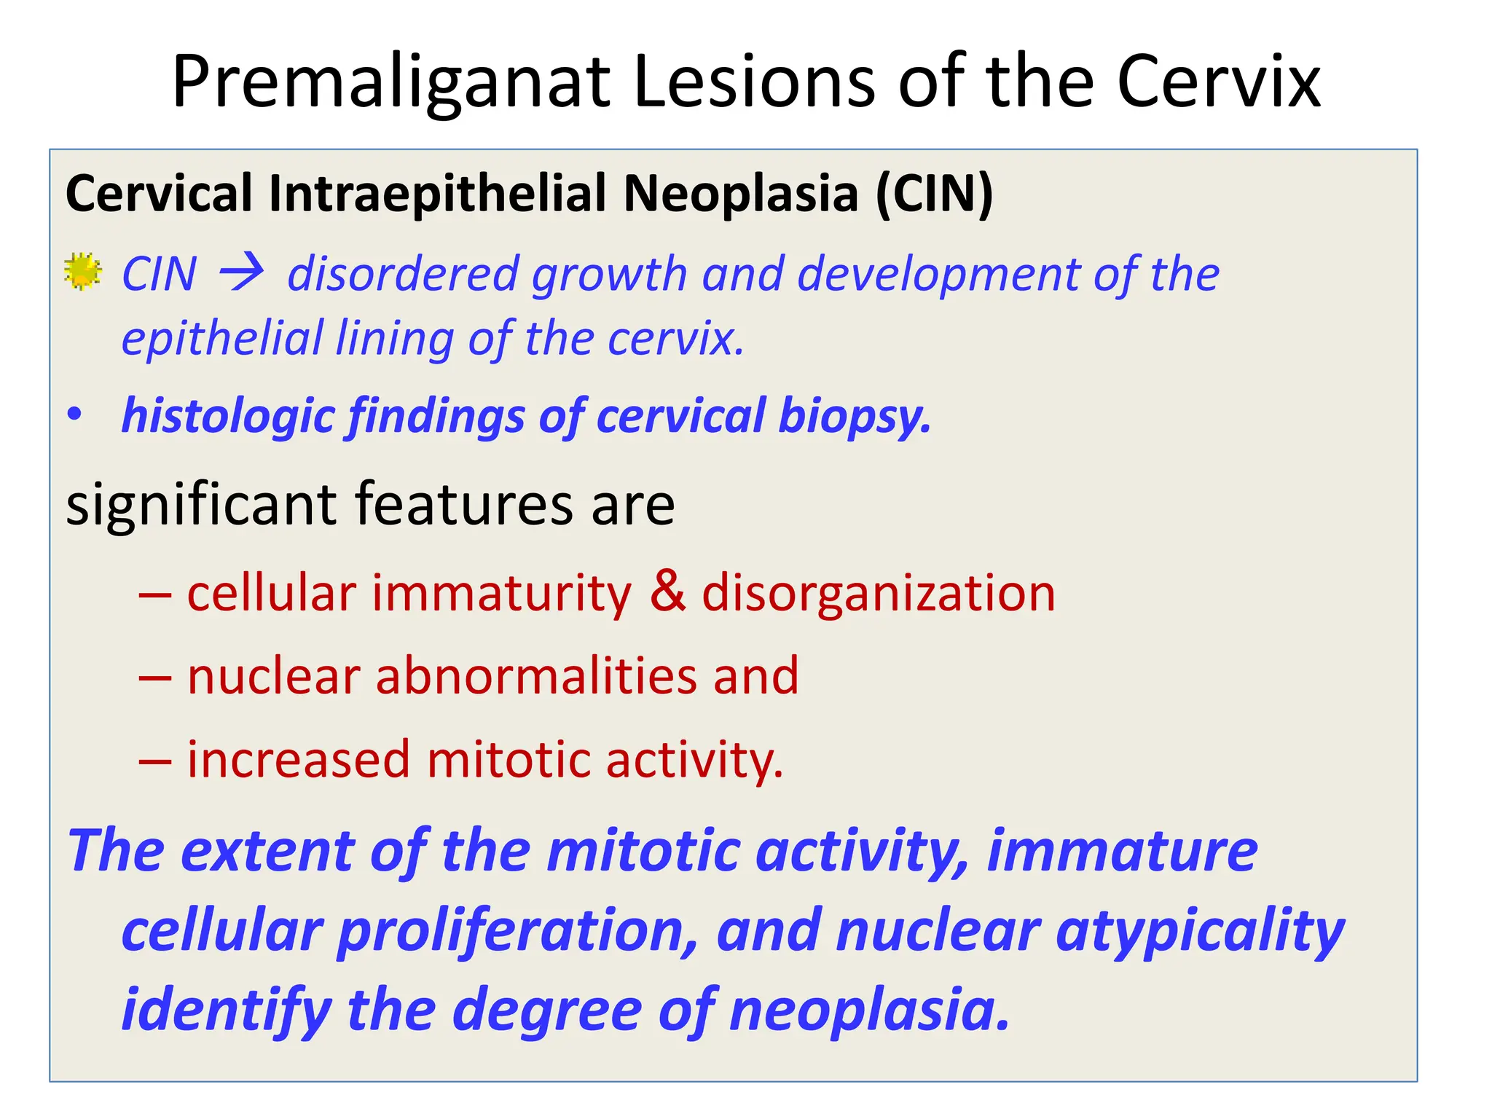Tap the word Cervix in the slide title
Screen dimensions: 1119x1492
1218,81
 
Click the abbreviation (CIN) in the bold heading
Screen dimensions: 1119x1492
934,194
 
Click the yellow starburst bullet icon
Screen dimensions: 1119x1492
82,272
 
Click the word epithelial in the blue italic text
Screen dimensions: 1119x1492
222,339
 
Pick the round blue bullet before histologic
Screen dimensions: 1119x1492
74,415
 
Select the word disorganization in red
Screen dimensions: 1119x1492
878,593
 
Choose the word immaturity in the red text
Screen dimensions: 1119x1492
502,593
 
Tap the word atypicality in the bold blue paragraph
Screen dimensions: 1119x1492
1199,931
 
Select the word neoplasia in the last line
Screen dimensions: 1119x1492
869,1010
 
